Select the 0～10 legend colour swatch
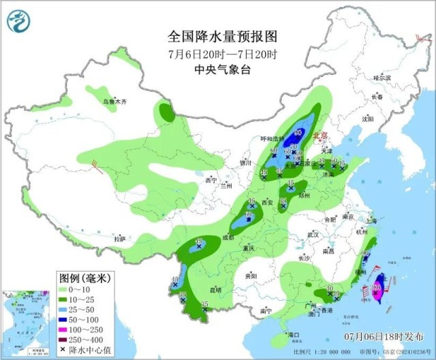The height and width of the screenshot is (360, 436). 66,289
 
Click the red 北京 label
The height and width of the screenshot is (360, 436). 320,136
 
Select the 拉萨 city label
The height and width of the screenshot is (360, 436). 120,239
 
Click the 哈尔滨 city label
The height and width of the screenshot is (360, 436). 383,78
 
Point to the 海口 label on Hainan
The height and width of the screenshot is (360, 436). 293,335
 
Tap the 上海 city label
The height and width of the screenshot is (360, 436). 371,220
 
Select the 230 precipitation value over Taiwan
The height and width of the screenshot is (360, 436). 376,289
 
